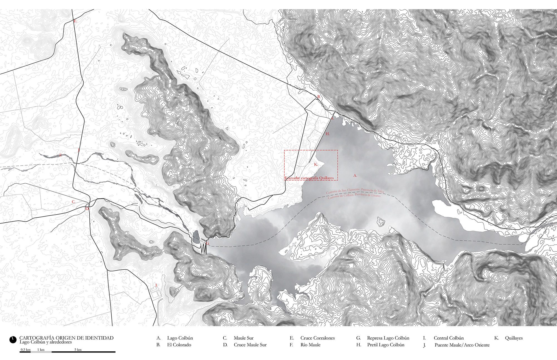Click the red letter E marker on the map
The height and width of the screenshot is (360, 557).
(x=75, y=21)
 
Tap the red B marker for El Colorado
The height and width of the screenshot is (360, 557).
(x=319, y=97)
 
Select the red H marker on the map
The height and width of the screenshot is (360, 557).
(x=328, y=134)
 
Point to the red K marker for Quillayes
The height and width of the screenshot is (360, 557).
(x=316, y=164)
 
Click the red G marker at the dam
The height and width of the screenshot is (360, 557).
(x=207, y=243)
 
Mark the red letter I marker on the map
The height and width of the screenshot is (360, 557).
(x=156, y=285)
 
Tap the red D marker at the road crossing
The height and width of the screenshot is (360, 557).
(x=87, y=208)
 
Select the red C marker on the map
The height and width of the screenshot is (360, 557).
(x=74, y=202)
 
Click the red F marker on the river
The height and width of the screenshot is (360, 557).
(x=61, y=155)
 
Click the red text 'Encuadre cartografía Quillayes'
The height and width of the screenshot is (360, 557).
(x=309, y=178)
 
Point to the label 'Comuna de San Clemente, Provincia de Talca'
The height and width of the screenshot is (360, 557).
(x=355, y=191)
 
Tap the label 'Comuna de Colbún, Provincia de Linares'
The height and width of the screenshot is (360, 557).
(x=354, y=196)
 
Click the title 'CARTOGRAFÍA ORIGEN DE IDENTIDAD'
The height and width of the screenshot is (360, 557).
(x=66, y=338)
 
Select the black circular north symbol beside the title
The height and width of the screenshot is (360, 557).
(x=13, y=340)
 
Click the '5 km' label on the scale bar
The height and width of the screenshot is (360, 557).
(x=78, y=349)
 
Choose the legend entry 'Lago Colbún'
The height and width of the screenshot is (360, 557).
(x=180, y=338)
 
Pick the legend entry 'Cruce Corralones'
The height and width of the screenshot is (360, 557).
(x=317, y=338)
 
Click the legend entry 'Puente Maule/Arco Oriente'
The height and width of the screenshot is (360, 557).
(x=462, y=345)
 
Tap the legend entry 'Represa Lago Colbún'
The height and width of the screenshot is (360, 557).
(x=388, y=338)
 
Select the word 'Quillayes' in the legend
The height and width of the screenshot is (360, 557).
(x=514, y=338)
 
